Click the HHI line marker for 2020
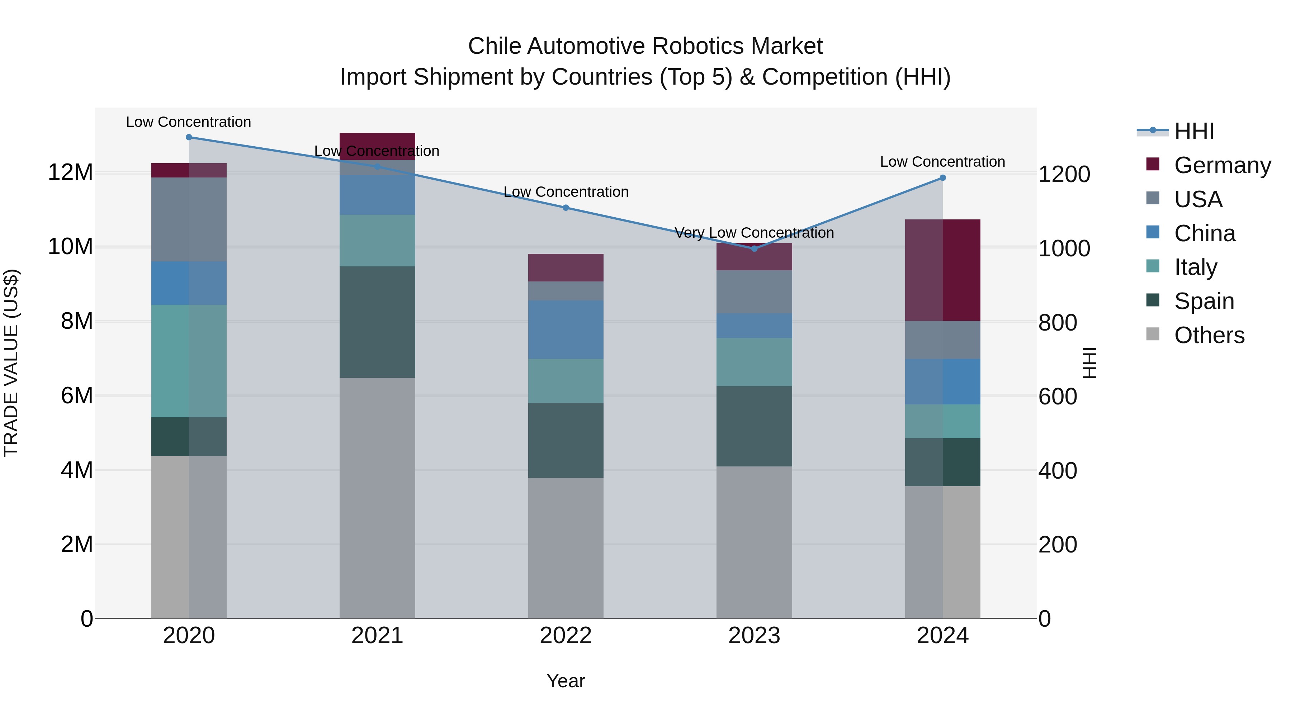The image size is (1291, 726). point(189,137)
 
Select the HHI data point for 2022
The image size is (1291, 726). point(566,208)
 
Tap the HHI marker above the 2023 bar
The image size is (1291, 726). point(754,248)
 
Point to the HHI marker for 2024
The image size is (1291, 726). point(943,178)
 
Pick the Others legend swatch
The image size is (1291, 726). point(1153,334)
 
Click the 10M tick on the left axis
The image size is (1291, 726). point(70,247)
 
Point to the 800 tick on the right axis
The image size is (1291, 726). point(1058,323)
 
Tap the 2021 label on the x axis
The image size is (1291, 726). point(377,636)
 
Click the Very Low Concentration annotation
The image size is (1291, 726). point(754,233)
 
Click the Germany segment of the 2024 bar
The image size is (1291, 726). point(943,271)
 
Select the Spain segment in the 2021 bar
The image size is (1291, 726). point(377,322)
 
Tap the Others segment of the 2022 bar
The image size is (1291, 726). point(566,548)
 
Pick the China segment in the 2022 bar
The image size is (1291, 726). point(566,330)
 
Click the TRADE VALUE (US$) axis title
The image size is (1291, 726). point(11,363)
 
